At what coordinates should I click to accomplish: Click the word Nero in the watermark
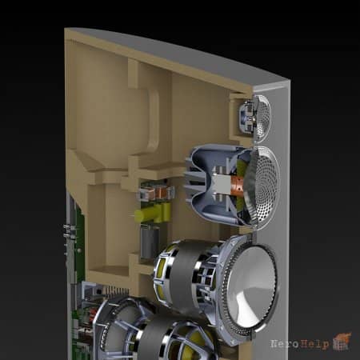point(285,344)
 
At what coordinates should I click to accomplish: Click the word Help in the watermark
point(314,345)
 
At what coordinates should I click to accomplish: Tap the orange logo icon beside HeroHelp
point(342,342)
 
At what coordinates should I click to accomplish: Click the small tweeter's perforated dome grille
point(263,118)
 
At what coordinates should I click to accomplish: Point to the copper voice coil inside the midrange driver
point(237,185)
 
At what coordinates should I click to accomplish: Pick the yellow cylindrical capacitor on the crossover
point(152,213)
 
